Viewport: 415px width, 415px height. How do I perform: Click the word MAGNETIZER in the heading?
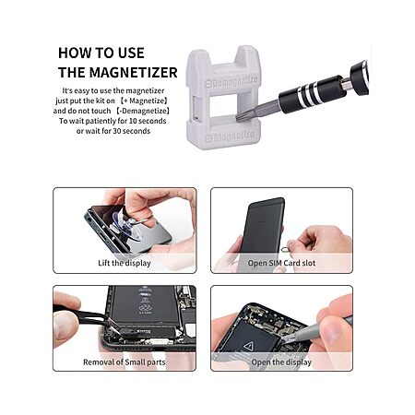pos(133,73)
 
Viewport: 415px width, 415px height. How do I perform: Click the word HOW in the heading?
pos(71,53)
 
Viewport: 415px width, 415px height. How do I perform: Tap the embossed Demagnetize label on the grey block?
pos(231,82)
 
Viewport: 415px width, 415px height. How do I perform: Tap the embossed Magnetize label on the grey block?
pos(230,136)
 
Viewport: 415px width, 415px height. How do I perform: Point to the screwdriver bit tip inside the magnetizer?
pos(240,117)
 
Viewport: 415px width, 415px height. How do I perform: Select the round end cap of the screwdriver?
pos(360,76)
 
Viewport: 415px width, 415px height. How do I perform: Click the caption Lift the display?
pos(125,263)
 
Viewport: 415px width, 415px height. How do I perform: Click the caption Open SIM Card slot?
pos(281,263)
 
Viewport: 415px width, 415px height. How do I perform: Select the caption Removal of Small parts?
pos(125,362)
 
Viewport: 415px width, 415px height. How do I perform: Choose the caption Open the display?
pos(281,362)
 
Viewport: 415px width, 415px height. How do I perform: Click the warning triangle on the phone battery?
pos(248,347)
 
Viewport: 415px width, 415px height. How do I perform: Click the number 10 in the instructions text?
pos(133,121)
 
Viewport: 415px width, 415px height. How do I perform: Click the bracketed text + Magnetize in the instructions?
pos(144,101)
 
